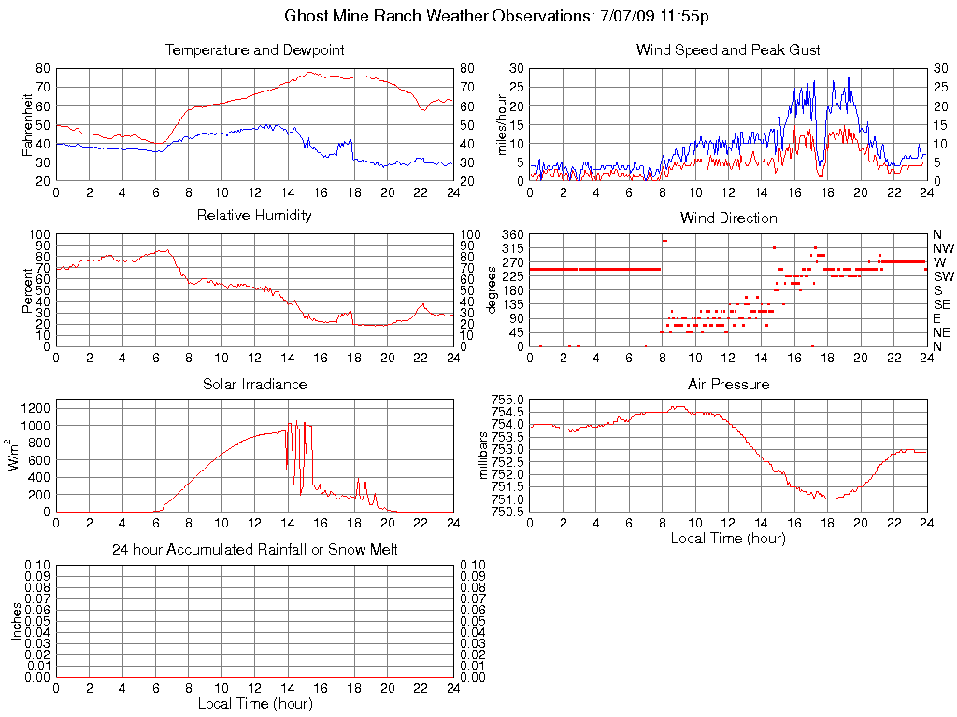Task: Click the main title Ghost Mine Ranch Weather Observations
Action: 502,17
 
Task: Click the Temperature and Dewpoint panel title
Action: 255,50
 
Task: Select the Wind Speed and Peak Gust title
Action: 728,50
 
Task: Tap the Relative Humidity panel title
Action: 255,216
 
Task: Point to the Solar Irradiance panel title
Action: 255,384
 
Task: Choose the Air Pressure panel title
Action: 728,384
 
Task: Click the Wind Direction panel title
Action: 728,218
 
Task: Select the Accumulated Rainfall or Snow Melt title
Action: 255,550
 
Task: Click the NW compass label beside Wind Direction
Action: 942,248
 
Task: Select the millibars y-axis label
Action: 484,456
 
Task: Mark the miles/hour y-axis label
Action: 501,125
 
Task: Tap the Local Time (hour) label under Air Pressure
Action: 728,539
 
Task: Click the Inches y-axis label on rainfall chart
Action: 16,621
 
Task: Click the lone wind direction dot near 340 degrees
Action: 664,240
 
